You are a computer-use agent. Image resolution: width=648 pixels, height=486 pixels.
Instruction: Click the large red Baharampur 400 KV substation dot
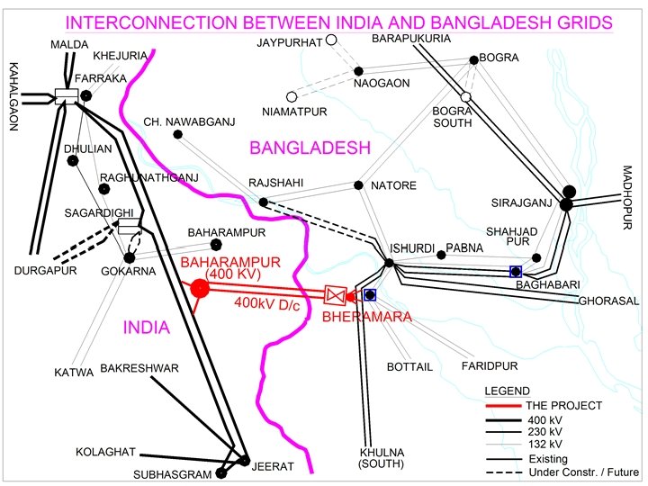click(x=200, y=288)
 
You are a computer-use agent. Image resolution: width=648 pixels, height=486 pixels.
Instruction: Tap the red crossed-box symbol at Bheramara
click(x=335, y=295)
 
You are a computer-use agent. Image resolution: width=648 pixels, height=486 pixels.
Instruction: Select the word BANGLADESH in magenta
click(x=310, y=148)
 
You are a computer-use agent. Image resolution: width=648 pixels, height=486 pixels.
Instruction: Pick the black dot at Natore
click(x=358, y=185)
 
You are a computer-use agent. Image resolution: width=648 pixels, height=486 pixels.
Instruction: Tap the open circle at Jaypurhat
click(x=331, y=40)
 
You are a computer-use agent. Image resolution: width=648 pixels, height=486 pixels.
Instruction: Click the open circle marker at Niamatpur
click(x=291, y=96)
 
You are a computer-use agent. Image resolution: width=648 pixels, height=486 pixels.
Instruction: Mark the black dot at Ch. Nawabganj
click(x=177, y=135)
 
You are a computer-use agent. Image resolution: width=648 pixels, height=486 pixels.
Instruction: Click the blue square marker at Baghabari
click(x=516, y=271)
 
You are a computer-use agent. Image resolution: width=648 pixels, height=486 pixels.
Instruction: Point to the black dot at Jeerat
click(x=244, y=461)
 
